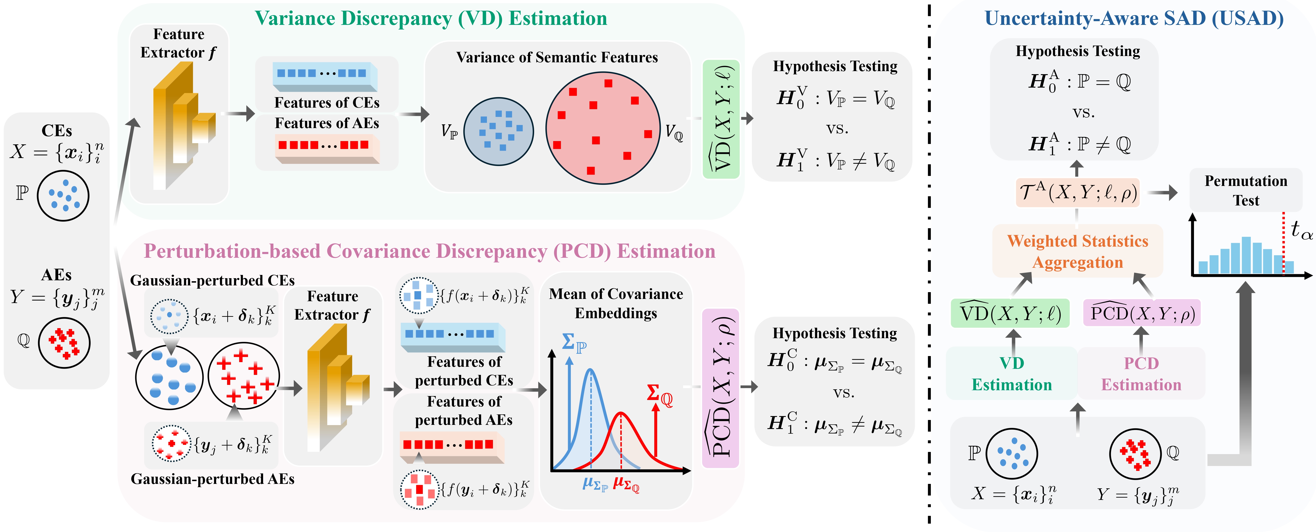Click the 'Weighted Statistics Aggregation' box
[1078, 251]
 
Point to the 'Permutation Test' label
[1246, 190]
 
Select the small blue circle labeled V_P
[499, 131]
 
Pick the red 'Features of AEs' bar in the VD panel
[327, 149]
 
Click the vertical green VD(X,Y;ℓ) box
[721, 119]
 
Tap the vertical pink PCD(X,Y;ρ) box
[720, 388]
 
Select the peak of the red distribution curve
[621, 412]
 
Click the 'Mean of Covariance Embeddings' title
[616, 303]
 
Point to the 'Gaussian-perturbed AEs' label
[212, 479]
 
